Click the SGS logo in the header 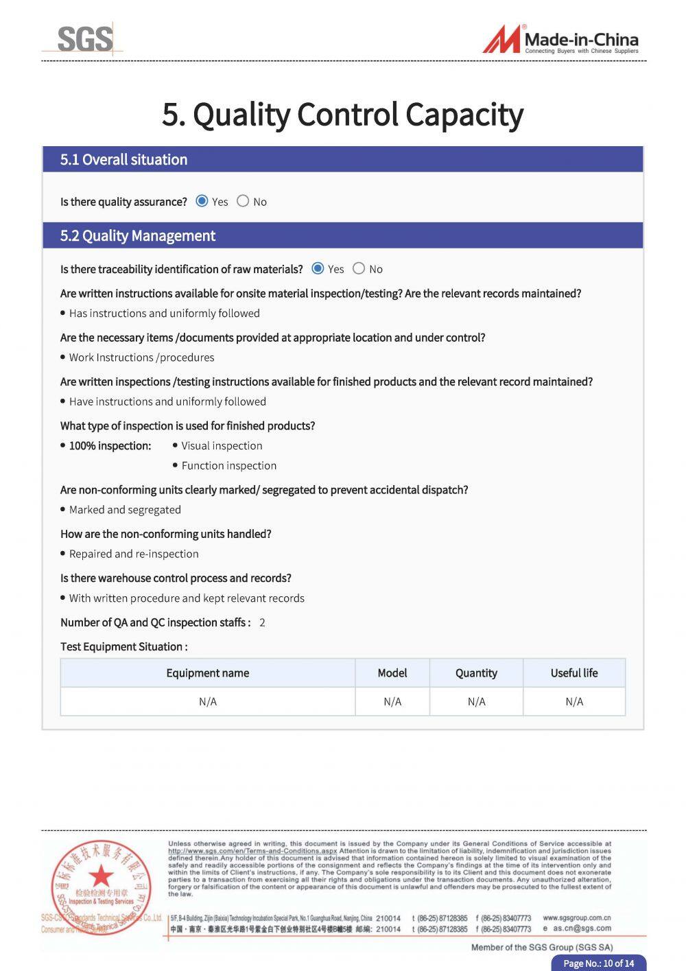point(84,39)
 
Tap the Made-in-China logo point(560,40)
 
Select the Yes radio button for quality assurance point(202,201)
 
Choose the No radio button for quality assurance point(243,201)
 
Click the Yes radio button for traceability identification point(318,268)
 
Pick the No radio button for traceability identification point(359,268)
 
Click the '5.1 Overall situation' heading point(123,159)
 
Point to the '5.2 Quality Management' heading point(137,235)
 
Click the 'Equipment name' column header point(207,673)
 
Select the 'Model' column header point(392,673)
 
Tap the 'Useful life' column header point(574,673)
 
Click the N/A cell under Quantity point(476,701)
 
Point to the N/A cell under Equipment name point(207,701)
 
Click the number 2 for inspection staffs point(262,622)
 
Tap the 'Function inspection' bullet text point(228,465)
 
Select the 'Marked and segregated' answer point(125,510)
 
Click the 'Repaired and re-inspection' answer point(134,554)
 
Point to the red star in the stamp point(102,876)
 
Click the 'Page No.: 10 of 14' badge point(598,963)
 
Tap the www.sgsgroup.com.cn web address point(576,917)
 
